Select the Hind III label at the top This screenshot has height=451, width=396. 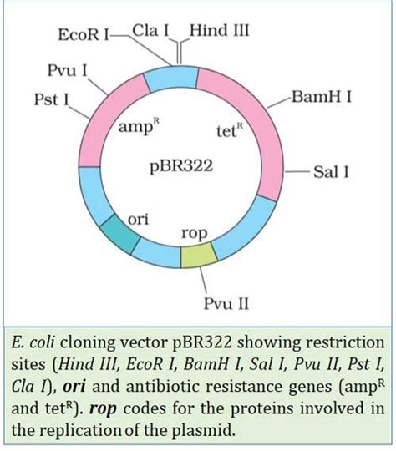point(220,31)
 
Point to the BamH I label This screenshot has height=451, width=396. point(322,97)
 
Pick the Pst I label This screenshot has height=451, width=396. point(51,100)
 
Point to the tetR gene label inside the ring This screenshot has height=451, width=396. point(230,131)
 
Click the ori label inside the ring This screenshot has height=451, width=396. point(138,219)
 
